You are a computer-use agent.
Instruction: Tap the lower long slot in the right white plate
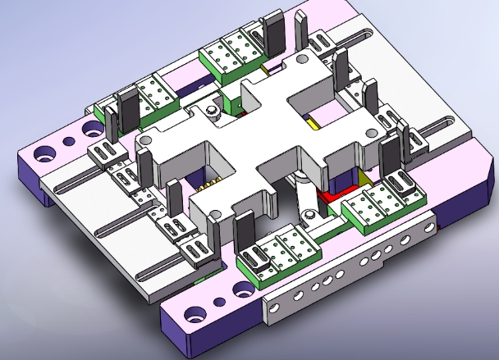[446, 123]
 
